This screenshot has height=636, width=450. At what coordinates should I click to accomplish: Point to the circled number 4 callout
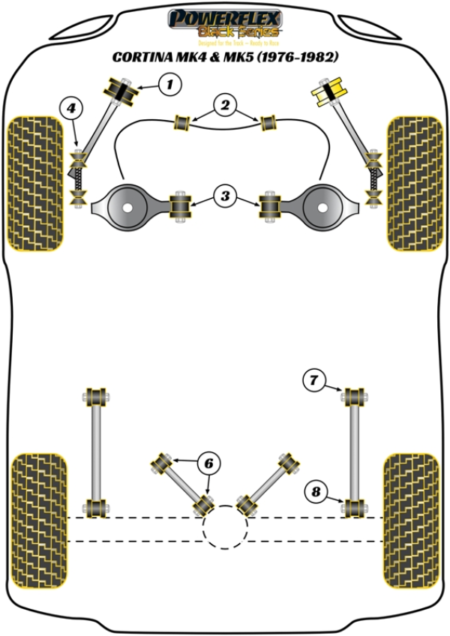70,110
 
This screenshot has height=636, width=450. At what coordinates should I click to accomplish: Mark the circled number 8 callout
316,492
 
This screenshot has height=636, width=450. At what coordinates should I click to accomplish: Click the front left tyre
34,182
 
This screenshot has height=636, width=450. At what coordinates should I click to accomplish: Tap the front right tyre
415,182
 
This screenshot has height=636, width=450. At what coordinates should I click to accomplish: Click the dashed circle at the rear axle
225,529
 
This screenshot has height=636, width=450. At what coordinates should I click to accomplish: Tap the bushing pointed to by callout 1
121,91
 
